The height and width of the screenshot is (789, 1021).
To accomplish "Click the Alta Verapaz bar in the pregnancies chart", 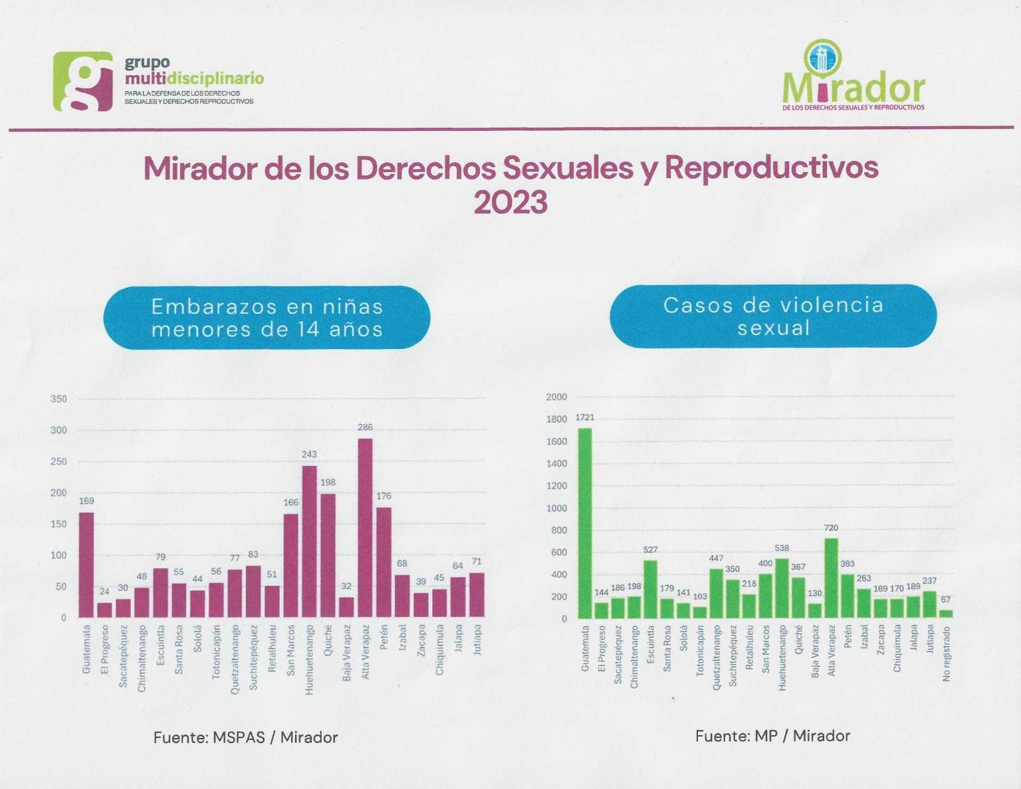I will pyautogui.click(x=365, y=528).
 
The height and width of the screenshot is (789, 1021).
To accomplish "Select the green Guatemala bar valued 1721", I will pyautogui.click(x=585, y=523).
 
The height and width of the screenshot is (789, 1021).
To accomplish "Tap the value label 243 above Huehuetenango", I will pyautogui.click(x=309, y=455).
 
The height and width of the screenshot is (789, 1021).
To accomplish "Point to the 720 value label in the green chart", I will pyautogui.click(x=831, y=528).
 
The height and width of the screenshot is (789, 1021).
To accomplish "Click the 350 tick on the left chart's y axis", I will pyautogui.click(x=59, y=399).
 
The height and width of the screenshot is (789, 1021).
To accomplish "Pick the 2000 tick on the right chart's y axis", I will pyautogui.click(x=556, y=397).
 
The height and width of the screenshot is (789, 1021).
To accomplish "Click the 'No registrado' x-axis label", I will pyautogui.click(x=947, y=653).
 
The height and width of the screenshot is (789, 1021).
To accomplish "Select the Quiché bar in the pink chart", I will pyautogui.click(x=328, y=555).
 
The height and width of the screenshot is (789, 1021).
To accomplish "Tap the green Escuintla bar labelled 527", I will pyautogui.click(x=650, y=589).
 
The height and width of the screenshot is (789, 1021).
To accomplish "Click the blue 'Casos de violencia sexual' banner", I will pyautogui.click(x=773, y=316).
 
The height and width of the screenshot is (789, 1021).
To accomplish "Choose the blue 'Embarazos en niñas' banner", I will pyautogui.click(x=267, y=318).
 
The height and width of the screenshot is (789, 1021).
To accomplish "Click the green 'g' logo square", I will pyautogui.click(x=83, y=81).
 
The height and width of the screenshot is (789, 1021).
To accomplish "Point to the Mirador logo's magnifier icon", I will pyautogui.click(x=822, y=57).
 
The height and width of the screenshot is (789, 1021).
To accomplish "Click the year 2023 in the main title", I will pyautogui.click(x=510, y=202).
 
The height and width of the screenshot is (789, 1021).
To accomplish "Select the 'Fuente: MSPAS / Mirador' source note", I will pyautogui.click(x=245, y=737).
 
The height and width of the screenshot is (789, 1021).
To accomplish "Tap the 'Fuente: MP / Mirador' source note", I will pyautogui.click(x=772, y=736).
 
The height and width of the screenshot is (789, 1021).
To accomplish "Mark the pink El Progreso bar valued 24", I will pyautogui.click(x=104, y=610).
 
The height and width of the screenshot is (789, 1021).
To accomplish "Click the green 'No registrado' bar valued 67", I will pyautogui.click(x=946, y=614).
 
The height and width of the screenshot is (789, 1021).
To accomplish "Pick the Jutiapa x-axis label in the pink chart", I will pyautogui.click(x=477, y=639).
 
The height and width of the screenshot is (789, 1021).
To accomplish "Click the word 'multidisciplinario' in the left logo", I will pyautogui.click(x=194, y=78).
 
